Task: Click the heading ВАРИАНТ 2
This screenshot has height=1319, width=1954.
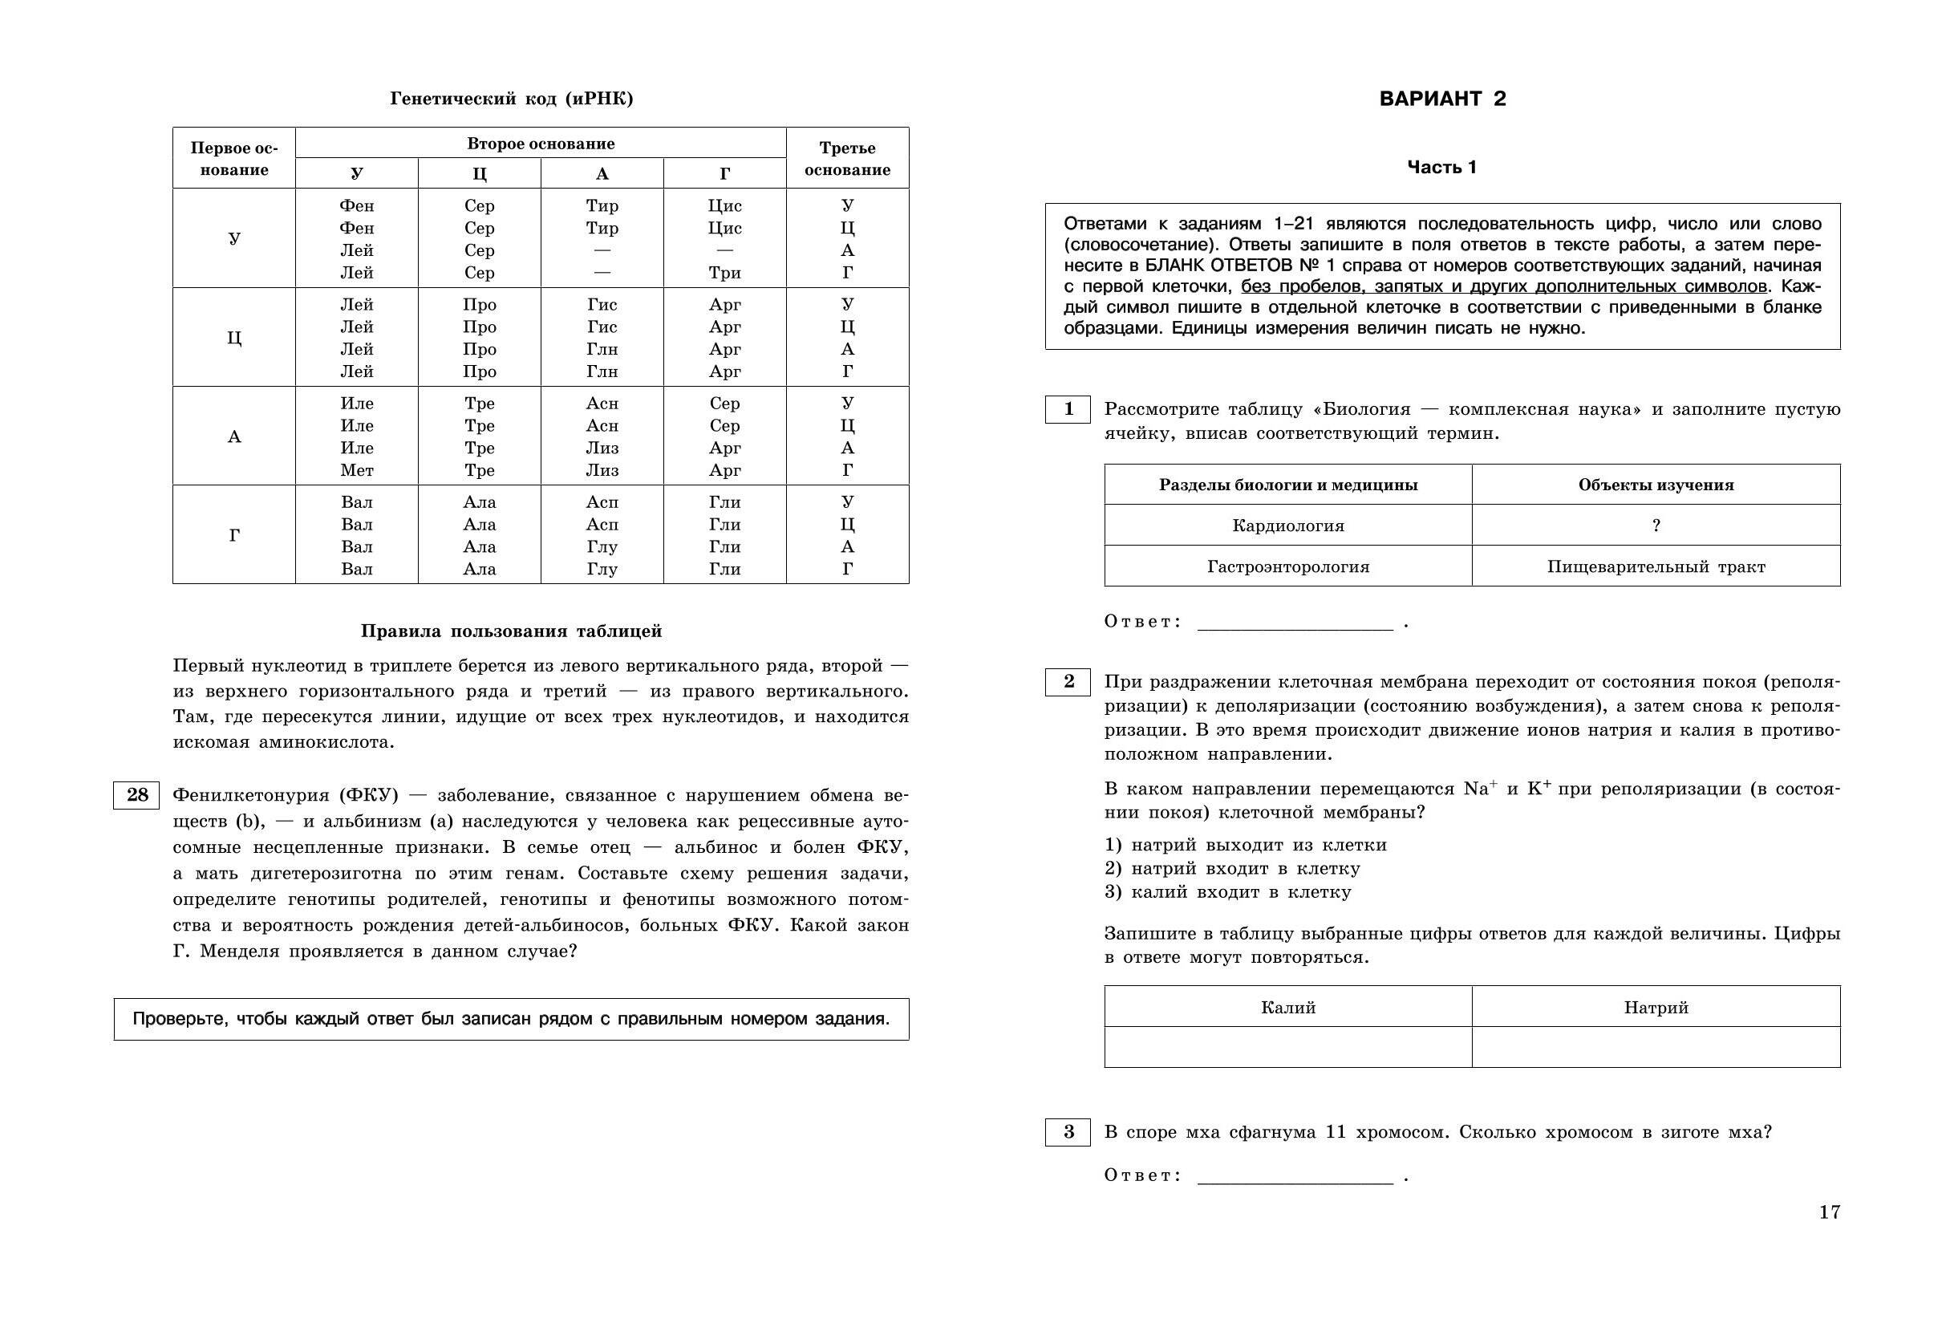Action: (x=1442, y=99)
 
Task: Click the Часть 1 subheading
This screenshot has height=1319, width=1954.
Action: (x=1442, y=168)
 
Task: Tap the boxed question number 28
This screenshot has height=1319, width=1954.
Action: (x=136, y=795)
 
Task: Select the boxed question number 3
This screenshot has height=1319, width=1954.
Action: (x=1068, y=1132)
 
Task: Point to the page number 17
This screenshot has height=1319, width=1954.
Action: (x=1830, y=1212)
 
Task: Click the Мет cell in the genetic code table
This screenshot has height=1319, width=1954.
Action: (x=356, y=470)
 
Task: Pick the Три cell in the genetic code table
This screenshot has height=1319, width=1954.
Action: (x=725, y=273)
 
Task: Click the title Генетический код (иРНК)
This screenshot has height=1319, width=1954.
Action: (x=511, y=99)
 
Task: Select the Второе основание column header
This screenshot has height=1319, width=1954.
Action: (x=541, y=144)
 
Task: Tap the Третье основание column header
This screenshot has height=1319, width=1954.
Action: (x=848, y=158)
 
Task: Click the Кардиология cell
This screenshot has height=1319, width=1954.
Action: (x=1288, y=526)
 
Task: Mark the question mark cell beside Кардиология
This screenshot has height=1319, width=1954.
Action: (x=1656, y=526)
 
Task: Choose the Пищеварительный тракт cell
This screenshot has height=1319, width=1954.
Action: (x=1656, y=567)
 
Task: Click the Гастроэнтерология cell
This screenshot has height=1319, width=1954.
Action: (x=1288, y=567)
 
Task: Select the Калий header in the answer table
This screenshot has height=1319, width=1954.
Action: (x=1288, y=1008)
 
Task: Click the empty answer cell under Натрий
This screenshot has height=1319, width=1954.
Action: (x=1656, y=1047)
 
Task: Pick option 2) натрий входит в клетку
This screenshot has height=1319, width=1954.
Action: (x=1232, y=869)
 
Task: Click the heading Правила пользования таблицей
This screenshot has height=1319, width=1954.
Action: (x=511, y=631)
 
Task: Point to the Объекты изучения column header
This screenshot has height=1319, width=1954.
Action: (x=1656, y=485)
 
